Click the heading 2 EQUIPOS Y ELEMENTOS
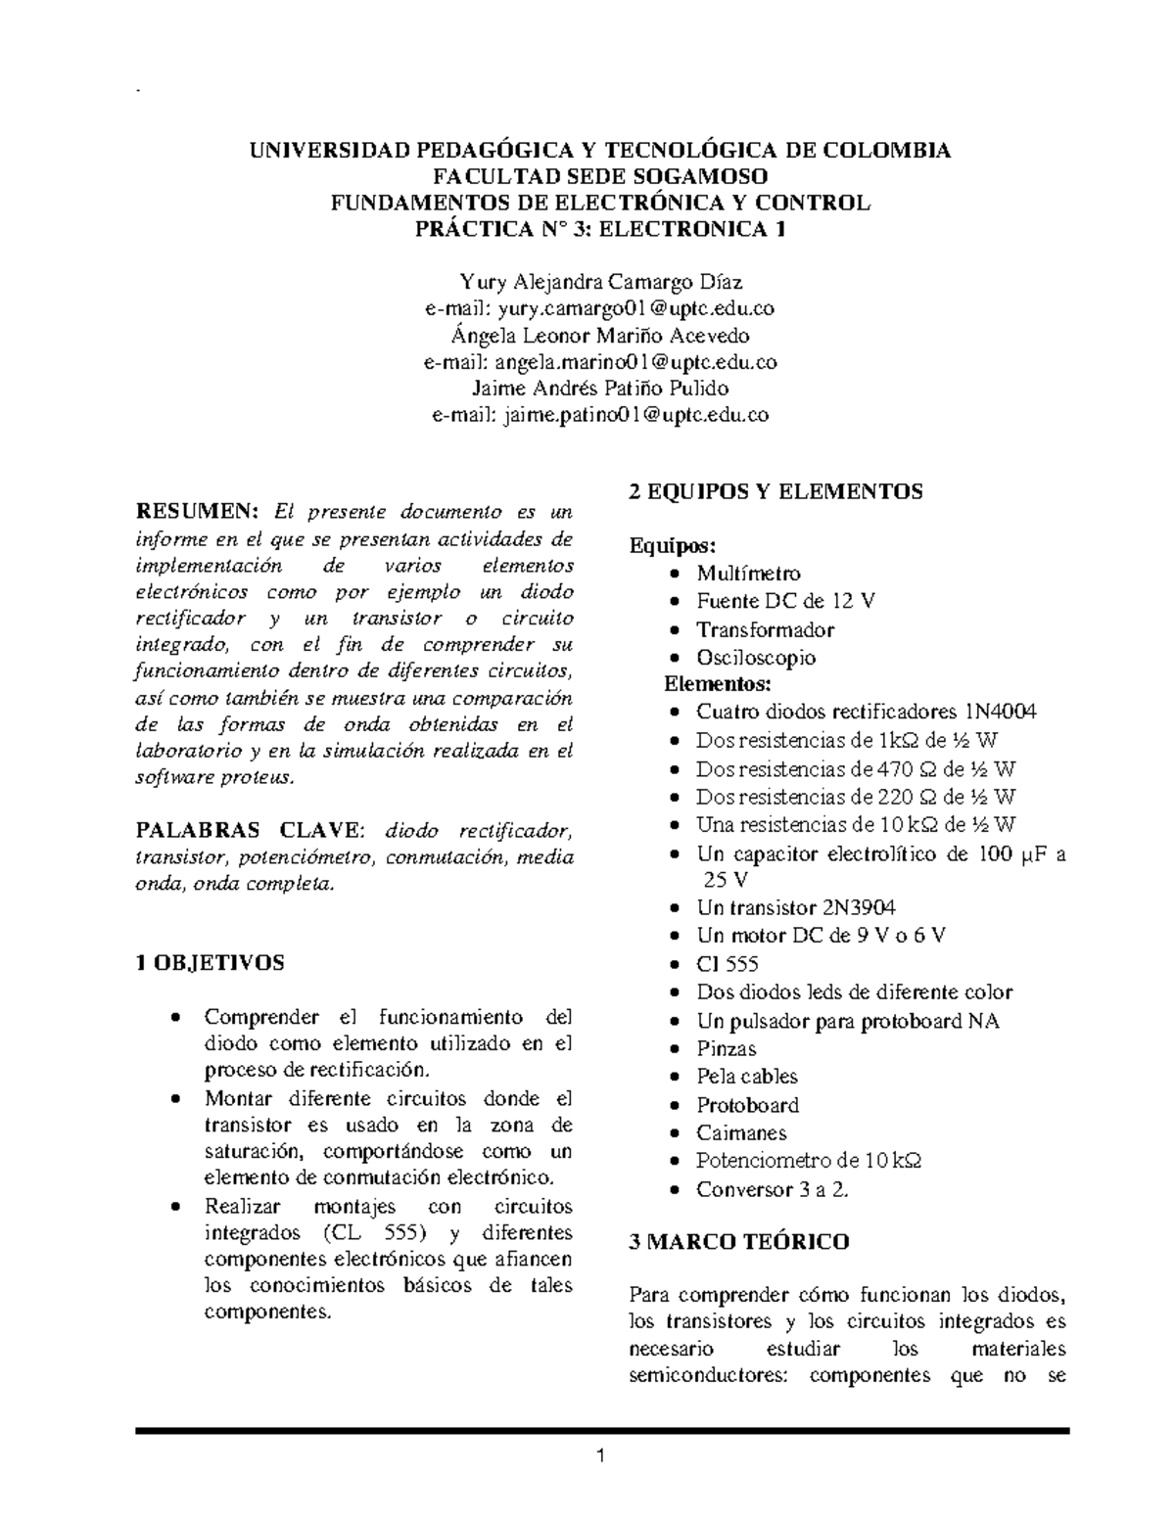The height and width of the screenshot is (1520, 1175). pos(775,491)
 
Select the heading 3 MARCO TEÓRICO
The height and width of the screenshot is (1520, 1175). pos(738,1242)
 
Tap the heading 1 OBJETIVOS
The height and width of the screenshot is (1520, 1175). pos(210,962)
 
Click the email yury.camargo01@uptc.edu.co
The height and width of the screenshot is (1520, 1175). pos(635,309)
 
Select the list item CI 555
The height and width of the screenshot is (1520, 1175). pos(728,964)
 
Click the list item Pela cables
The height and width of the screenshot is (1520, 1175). pos(746,1077)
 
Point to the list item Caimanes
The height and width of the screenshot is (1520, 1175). pos(741,1132)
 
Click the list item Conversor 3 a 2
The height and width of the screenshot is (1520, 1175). pos(772,1189)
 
